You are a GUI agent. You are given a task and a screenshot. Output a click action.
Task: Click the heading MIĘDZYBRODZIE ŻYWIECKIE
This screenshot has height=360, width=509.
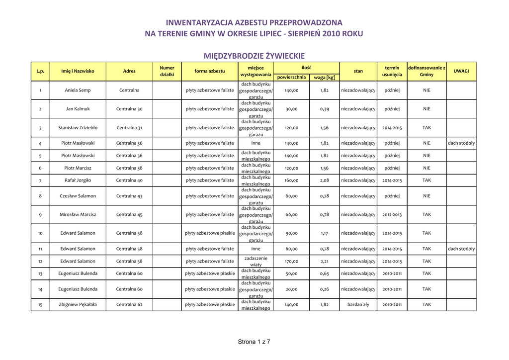click(x=254, y=56)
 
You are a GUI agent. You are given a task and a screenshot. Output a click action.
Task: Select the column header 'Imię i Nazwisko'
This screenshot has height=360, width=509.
click(x=78, y=71)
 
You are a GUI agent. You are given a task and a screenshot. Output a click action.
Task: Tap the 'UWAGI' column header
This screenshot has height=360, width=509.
click(x=461, y=71)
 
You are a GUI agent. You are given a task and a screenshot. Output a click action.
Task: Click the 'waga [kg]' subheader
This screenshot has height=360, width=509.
click(x=324, y=78)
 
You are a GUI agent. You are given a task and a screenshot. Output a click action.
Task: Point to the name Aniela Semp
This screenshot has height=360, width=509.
click(x=78, y=90)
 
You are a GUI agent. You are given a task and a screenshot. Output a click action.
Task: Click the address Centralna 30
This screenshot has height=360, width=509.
click(x=129, y=109)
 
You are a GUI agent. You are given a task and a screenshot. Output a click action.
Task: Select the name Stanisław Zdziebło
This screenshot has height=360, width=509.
click(x=78, y=128)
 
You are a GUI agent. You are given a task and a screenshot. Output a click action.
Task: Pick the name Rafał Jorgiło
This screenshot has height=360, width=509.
click(x=78, y=180)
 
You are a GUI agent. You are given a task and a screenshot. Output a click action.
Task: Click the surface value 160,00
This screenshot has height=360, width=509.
click(x=291, y=180)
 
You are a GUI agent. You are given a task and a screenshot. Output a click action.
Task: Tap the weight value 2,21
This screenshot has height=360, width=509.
click(x=324, y=261)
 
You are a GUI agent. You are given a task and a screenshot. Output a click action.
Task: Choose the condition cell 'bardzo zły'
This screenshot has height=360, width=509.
click(x=358, y=305)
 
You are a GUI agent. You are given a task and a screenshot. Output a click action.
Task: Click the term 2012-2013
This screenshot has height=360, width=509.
click(x=392, y=215)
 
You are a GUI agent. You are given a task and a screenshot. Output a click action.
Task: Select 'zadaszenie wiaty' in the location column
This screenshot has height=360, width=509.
click(x=256, y=262)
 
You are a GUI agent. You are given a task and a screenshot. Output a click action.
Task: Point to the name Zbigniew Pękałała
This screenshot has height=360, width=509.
click(x=78, y=305)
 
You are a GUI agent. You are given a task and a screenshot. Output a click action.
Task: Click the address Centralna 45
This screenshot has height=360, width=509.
click(x=129, y=215)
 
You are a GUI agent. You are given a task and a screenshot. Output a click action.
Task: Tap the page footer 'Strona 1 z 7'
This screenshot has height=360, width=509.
click(x=254, y=342)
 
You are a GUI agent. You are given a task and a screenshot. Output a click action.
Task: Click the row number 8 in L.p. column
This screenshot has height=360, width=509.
click(x=40, y=196)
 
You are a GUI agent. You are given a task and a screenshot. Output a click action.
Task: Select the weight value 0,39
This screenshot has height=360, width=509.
click(x=324, y=109)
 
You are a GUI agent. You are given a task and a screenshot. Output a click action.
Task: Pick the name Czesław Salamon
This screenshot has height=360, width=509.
click(x=78, y=196)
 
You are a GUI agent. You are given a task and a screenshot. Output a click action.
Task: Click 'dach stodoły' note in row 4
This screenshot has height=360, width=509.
click(x=461, y=143)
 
